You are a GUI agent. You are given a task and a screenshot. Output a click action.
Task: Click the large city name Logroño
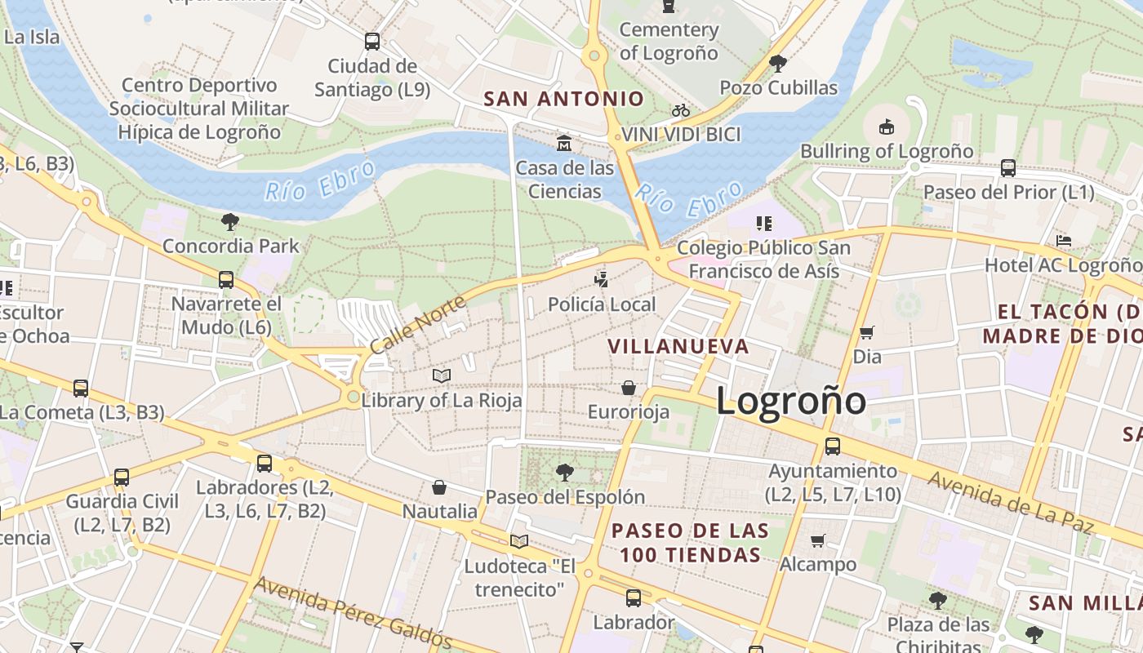click(x=790, y=400)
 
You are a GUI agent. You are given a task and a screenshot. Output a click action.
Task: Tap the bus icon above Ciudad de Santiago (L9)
click(x=372, y=41)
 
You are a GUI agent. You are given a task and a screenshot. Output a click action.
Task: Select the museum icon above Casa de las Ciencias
click(x=563, y=144)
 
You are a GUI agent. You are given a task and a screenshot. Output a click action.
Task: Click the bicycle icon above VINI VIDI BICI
click(x=681, y=110)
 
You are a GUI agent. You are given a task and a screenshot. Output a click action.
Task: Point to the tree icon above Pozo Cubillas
click(x=778, y=63)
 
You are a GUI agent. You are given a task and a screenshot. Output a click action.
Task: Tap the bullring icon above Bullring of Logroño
click(x=887, y=127)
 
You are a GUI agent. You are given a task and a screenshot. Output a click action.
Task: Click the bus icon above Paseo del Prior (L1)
click(x=1008, y=168)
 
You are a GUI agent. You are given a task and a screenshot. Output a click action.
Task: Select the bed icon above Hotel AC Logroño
click(x=1063, y=241)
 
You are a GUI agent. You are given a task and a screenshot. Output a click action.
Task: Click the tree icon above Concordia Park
click(x=230, y=221)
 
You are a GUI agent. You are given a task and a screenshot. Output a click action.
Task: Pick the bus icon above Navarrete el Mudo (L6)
click(x=226, y=280)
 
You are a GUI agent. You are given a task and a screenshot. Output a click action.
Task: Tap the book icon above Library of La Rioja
click(x=442, y=375)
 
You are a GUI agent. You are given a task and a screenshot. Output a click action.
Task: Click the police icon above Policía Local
click(x=602, y=280)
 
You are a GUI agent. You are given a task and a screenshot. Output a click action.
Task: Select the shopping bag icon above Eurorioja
click(x=629, y=387)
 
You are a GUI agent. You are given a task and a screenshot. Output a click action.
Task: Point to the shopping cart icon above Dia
click(x=866, y=332)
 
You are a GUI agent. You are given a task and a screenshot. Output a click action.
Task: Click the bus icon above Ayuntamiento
click(x=833, y=446)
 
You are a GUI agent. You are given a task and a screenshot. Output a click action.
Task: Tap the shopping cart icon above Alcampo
click(x=817, y=540)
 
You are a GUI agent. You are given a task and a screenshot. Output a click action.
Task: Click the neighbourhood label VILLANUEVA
click(x=678, y=346)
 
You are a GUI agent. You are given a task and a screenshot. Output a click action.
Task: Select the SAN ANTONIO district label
click(x=564, y=99)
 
